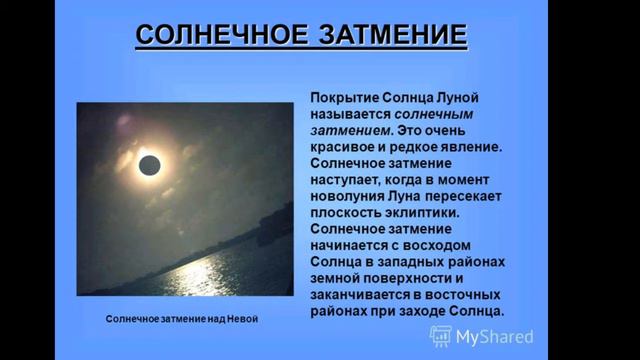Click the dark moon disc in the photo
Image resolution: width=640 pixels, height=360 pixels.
(x=150, y=164)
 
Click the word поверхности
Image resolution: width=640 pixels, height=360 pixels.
(x=411, y=279)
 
